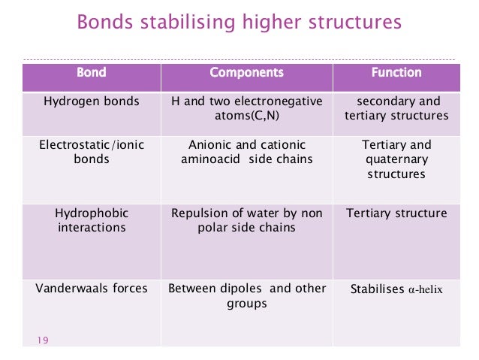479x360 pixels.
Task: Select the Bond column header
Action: click(x=92, y=73)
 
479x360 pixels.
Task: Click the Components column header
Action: click(x=246, y=73)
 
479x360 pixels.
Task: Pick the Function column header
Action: click(x=396, y=73)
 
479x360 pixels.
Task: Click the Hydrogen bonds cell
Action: click(x=92, y=101)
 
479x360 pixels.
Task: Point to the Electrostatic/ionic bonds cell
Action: click(x=92, y=152)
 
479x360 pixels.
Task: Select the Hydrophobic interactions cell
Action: click(x=92, y=220)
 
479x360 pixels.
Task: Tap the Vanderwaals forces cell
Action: click(x=92, y=289)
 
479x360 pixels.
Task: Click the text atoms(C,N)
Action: click(x=246, y=116)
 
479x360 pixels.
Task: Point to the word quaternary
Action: click(x=396, y=159)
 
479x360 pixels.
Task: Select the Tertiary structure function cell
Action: click(x=396, y=213)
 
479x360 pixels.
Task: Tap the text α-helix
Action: click(x=425, y=289)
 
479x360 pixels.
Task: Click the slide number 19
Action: click(x=42, y=341)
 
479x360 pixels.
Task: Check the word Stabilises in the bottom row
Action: click(x=378, y=289)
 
